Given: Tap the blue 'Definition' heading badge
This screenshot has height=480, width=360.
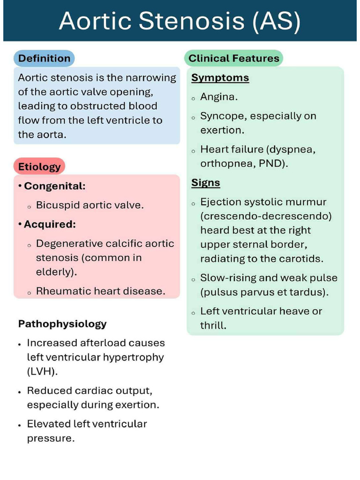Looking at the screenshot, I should click(44, 59).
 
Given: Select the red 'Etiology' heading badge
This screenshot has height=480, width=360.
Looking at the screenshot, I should click(39, 166).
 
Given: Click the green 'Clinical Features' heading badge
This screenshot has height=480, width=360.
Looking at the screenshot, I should click(233, 59).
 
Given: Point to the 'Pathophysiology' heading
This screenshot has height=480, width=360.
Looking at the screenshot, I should click(62, 323).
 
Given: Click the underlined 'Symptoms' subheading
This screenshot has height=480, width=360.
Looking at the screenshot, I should click(220, 78).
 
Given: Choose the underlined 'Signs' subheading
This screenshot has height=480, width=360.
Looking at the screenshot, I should click(205, 183).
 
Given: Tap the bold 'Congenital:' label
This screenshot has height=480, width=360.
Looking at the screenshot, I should click(55, 186).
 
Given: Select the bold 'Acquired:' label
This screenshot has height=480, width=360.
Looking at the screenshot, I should click(50, 224).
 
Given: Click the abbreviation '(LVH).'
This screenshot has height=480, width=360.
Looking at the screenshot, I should click(43, 372).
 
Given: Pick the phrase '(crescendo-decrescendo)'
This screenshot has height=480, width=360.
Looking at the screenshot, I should click(266, 216).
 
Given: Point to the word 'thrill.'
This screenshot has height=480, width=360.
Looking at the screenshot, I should click(213, 325).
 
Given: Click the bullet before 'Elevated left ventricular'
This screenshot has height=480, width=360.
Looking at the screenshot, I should click(19, 425).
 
